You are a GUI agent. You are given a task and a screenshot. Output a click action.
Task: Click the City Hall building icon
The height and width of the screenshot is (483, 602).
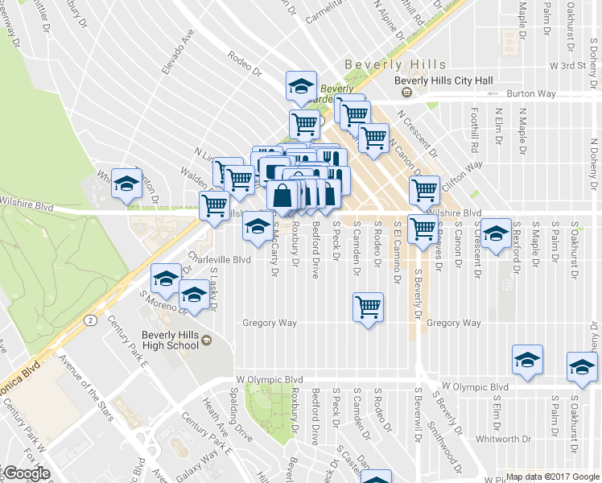(406, 93)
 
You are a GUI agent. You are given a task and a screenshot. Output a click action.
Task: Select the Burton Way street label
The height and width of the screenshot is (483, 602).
(531, 94)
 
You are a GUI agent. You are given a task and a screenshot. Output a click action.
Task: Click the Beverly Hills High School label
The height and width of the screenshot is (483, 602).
(169, 340)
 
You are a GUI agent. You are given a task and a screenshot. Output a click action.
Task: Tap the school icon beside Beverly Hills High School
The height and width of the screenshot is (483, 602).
(208, 341)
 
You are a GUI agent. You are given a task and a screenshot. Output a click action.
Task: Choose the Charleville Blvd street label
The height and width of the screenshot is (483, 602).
(220, 259)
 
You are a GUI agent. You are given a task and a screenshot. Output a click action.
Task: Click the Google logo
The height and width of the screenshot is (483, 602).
(26, 473)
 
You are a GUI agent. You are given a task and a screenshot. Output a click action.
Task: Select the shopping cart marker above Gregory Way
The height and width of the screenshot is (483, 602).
(368, 307)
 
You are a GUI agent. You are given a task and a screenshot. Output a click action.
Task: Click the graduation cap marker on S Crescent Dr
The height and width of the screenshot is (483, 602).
(497, 234)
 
